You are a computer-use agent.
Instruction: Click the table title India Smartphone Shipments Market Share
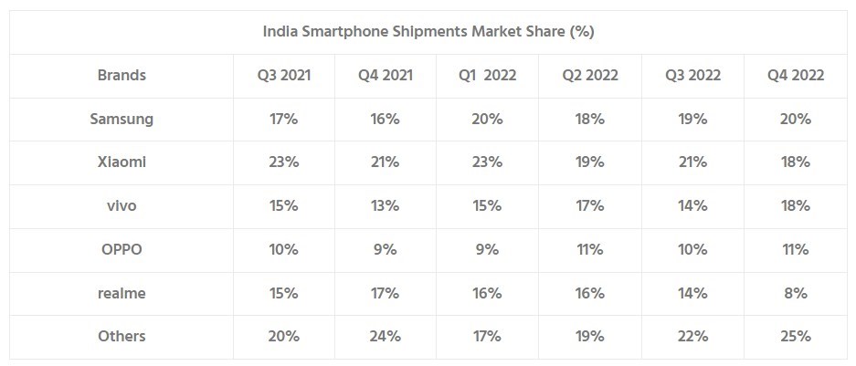(428, 32)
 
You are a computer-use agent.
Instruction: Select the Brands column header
(122, 76)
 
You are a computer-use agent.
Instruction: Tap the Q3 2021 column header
(284, 76)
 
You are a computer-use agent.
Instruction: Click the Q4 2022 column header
(796, 76)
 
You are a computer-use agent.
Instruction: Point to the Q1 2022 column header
(488, 76)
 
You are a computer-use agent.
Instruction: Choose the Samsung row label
(122, 120)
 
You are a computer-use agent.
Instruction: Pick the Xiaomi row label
(122, 162)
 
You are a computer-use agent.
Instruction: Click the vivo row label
(122, 206)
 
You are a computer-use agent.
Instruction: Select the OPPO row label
(122, 249)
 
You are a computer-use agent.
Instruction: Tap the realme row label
(122, 293)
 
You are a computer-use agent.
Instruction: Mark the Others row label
(122, 336)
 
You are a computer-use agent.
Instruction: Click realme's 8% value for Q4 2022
(796, 293)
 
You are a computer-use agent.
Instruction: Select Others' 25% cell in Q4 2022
(796, 336)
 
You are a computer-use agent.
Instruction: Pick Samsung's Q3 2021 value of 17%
(284, 120)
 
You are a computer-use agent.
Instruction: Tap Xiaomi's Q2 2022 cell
(590, 162)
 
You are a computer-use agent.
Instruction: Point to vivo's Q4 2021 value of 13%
(386, 206)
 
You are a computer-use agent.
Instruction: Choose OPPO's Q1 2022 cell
(488, 249)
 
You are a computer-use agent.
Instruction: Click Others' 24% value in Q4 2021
(386, 336)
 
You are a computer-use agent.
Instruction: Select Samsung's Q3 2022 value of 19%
(692, 120)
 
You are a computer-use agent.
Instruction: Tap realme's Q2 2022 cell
(590, 293)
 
